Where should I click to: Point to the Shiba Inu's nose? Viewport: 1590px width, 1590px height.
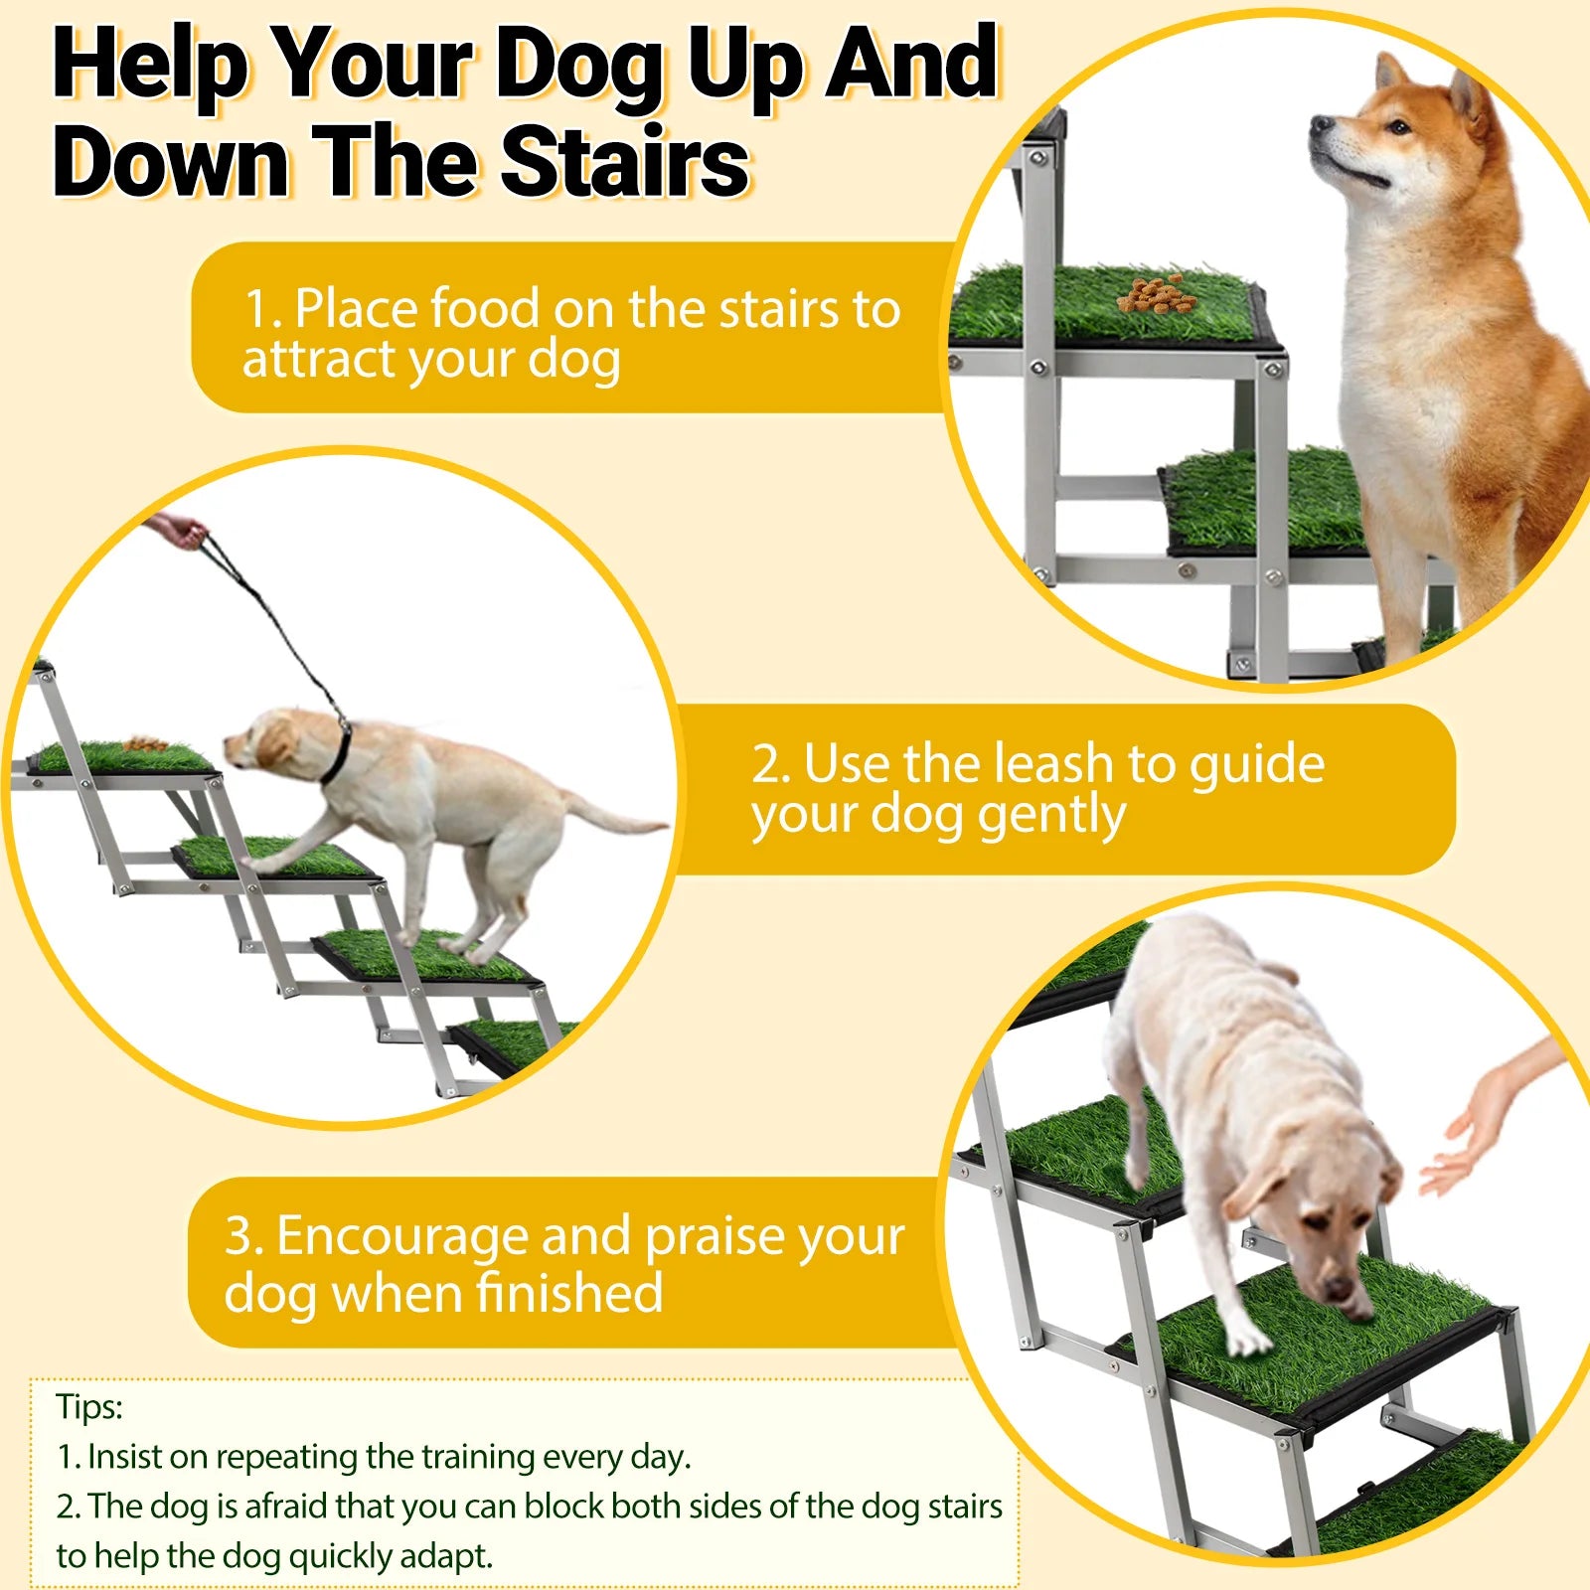pyautogui.click(x=1320, y=125)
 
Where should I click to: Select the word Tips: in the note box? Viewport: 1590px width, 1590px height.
pyautogui.click(x=89, y=1407)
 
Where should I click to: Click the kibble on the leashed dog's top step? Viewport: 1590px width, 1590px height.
pyautogui.click(x=145, y=743)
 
